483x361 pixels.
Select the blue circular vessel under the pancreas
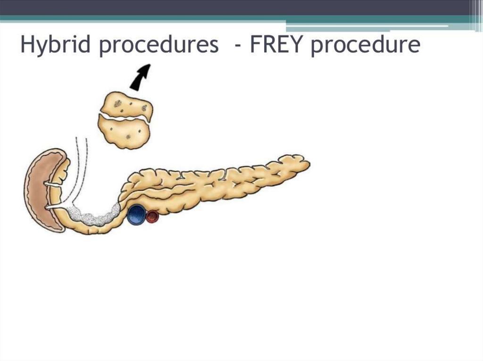coord(136,215)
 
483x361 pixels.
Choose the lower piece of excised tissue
coord(124,131)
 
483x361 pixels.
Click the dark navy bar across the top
coord(236,7)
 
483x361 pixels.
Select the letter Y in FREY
coord(298,45)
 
